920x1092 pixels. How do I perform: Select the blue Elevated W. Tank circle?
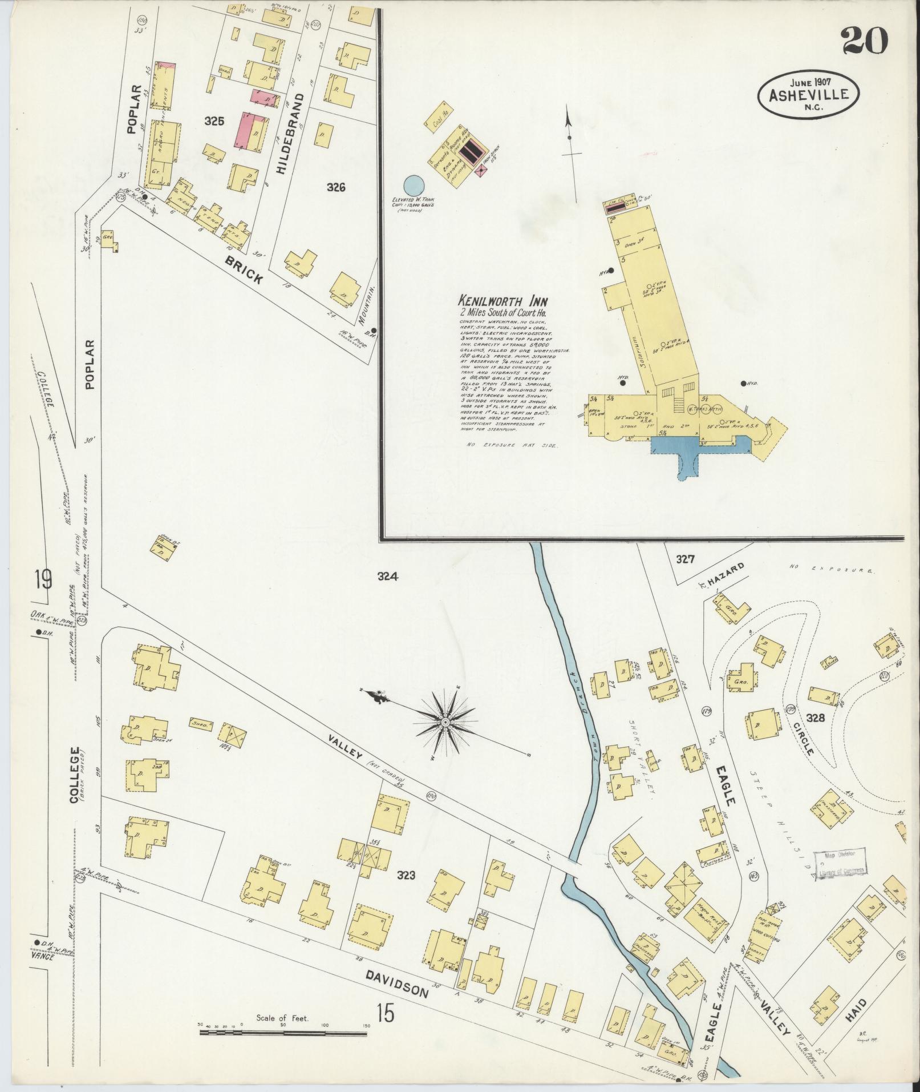coord(414,185)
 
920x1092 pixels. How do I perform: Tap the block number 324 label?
coord(387,577)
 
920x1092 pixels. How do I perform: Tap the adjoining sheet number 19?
coord(42,581)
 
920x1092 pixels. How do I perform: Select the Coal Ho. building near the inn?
coord(442,119)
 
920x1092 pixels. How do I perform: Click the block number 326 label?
coord(337,187)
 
